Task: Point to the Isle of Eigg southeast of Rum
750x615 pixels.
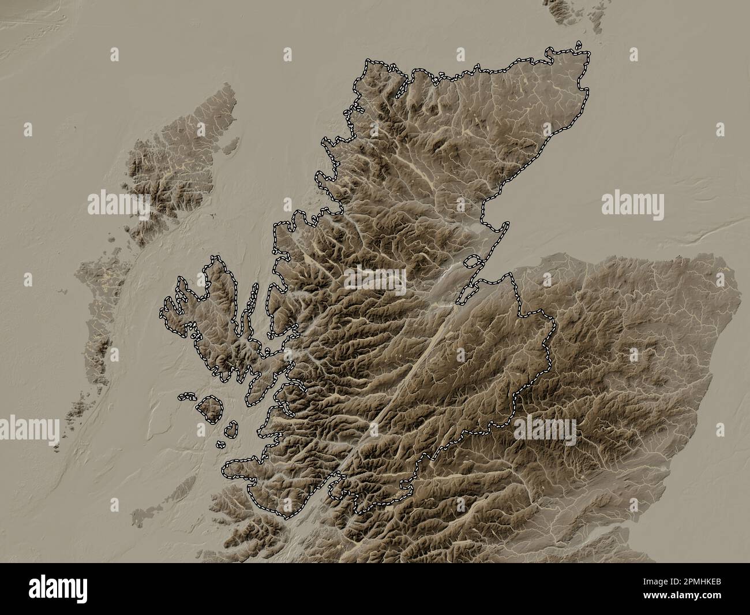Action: coord(230,428)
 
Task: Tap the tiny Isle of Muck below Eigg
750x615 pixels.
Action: coord(221,445)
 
